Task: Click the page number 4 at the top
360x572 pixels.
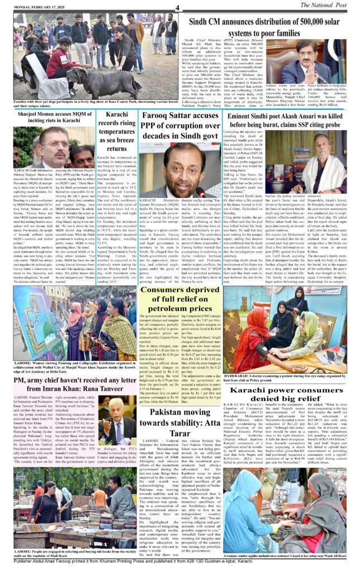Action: click(x=177, y=7)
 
